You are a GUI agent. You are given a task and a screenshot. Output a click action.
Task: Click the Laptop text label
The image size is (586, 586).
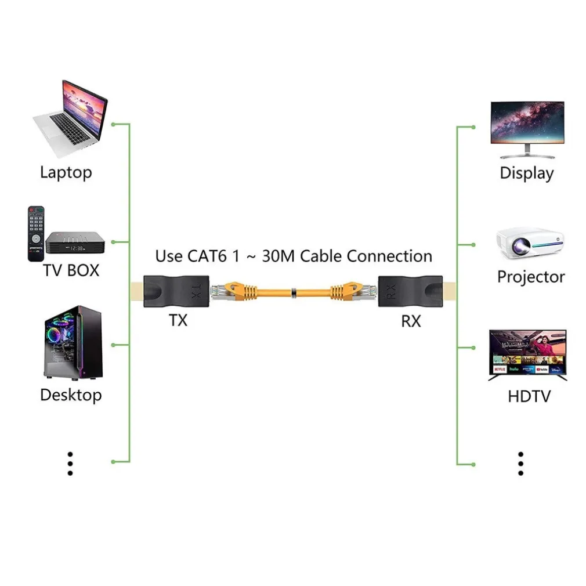point(66,172)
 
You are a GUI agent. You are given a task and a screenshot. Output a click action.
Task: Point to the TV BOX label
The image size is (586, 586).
point(71,270)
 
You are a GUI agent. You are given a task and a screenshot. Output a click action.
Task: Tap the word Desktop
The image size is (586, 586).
point(71,395)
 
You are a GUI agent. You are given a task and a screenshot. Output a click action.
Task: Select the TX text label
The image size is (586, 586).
point(178,320)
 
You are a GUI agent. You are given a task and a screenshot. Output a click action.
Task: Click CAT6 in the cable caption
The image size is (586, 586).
point(207,256)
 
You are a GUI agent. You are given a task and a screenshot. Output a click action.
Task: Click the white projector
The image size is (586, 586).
point(530,243)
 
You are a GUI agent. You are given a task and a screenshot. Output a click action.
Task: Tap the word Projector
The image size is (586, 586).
point(531,277)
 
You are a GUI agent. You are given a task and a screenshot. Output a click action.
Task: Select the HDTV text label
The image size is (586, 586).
point(529,397)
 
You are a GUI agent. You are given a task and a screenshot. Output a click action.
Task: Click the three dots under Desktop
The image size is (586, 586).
point(70,464)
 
